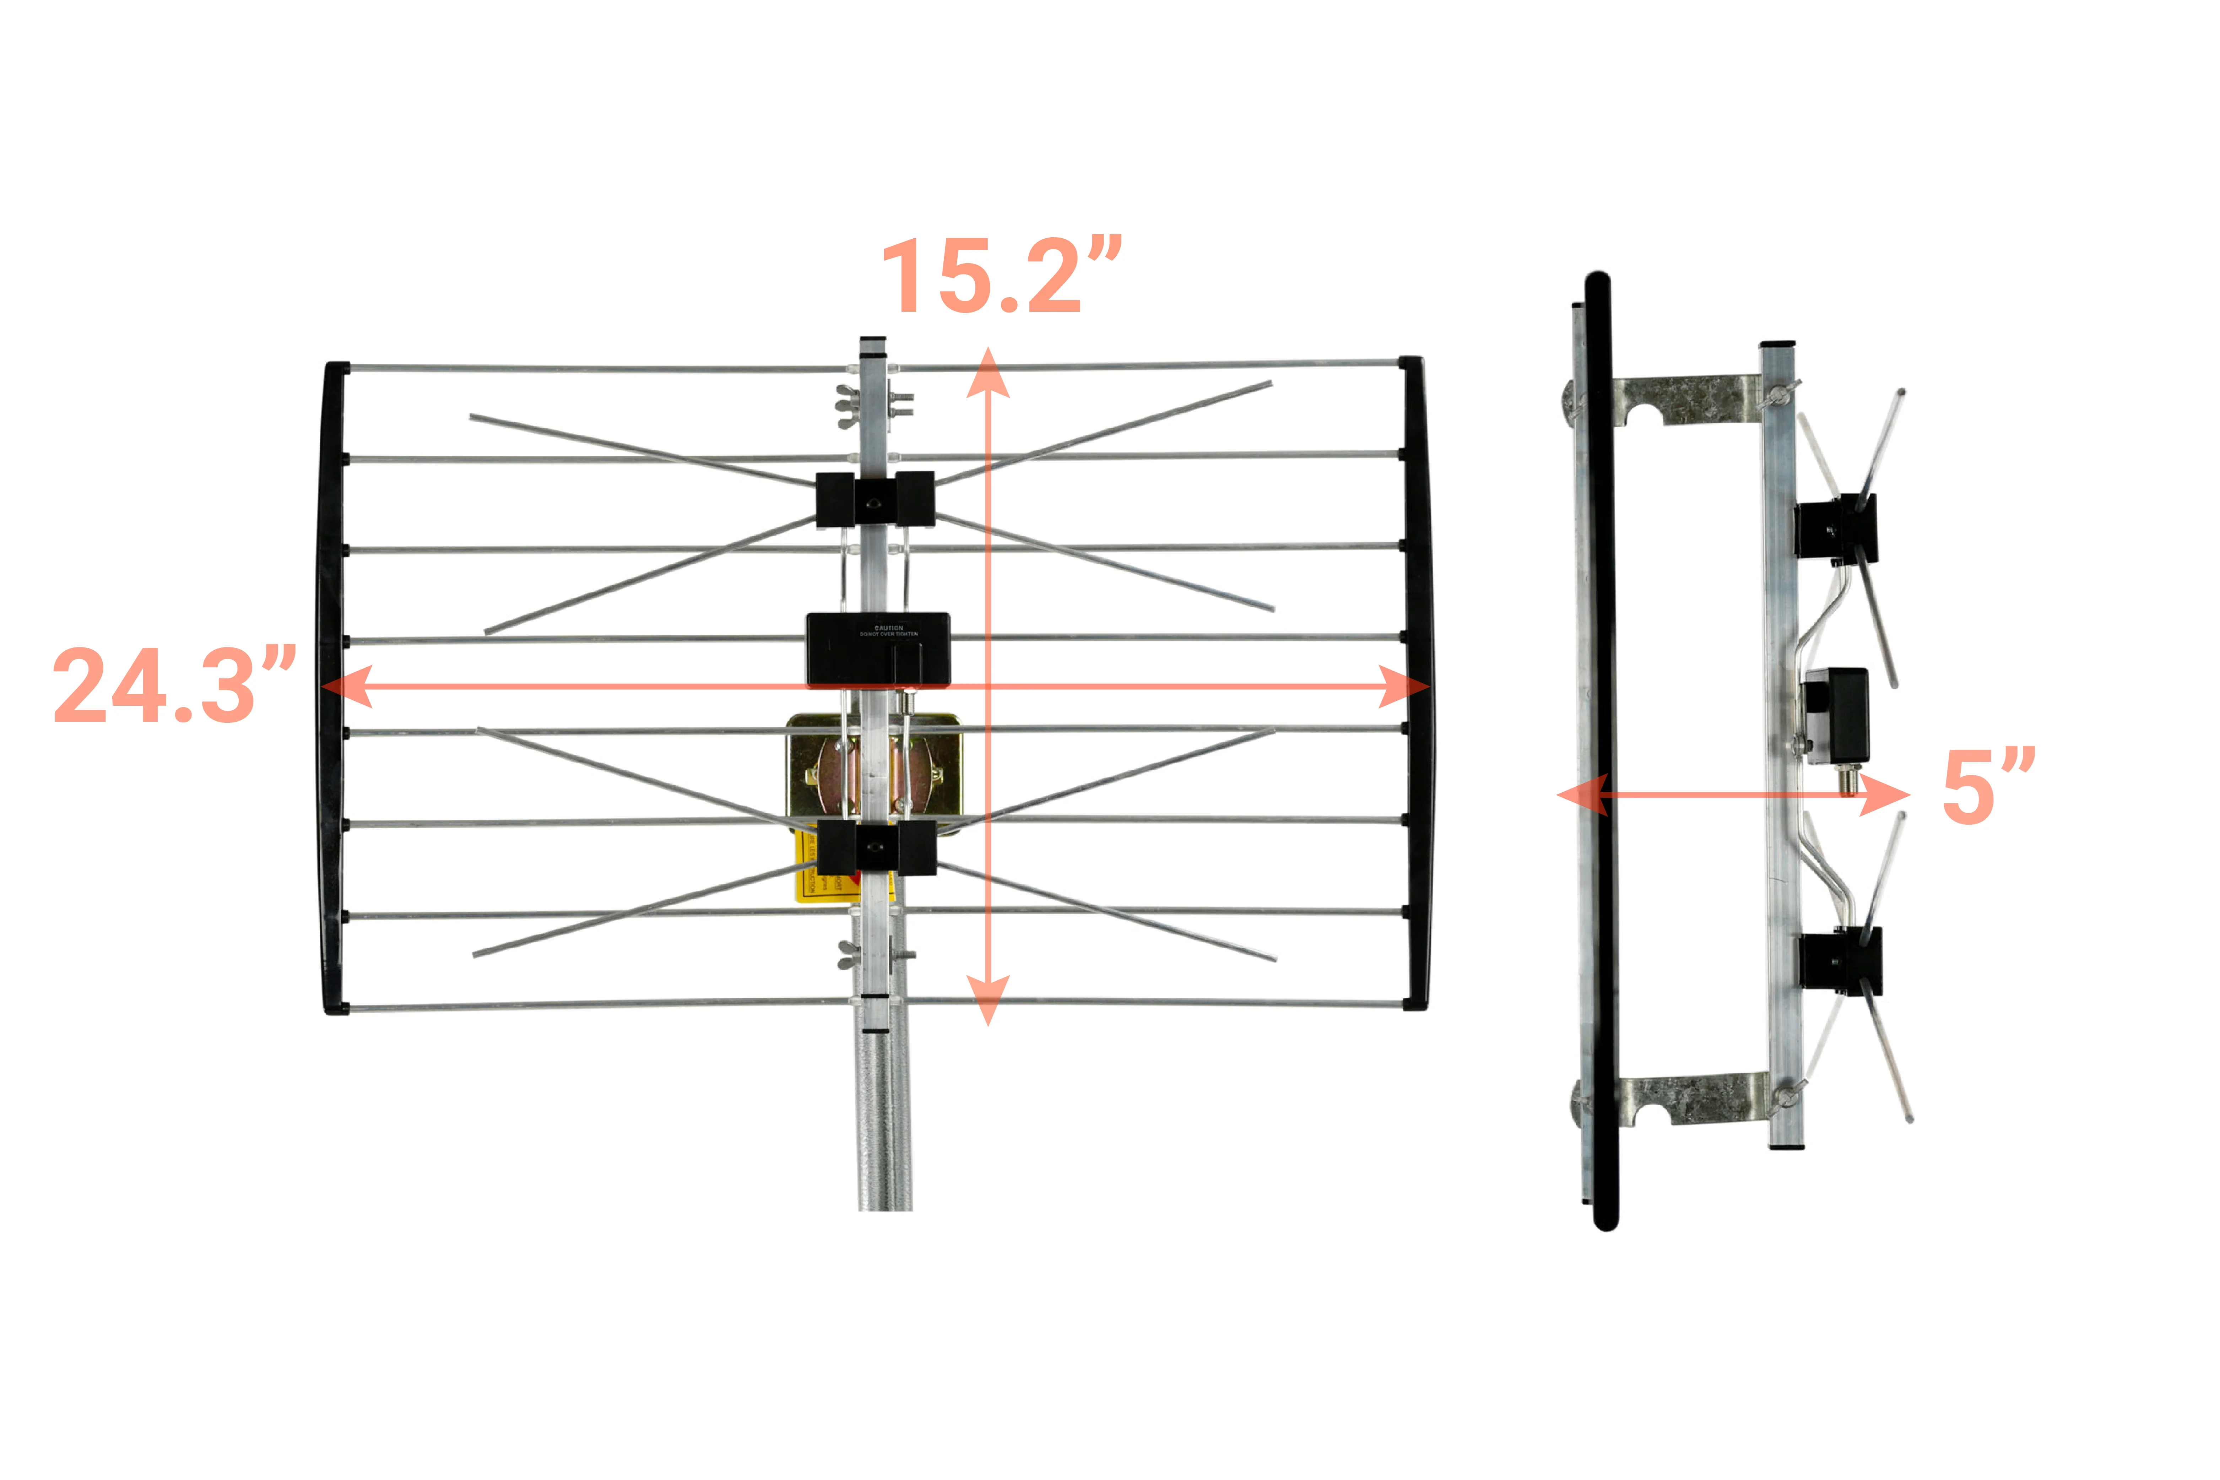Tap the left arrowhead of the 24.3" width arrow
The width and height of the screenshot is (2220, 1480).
click(x=347, y=686)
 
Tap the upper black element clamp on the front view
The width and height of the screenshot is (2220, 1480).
click(x=875, y=500)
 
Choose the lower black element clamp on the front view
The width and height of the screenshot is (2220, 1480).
click(x=876, y=847)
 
